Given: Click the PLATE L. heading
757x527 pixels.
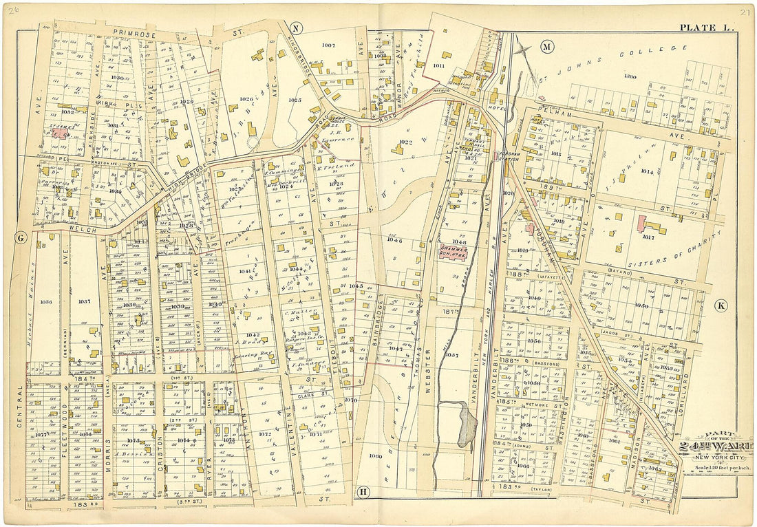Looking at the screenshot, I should pos(707,28).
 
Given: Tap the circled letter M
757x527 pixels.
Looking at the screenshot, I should pos(547,47).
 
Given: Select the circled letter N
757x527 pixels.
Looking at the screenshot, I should pos(296,28).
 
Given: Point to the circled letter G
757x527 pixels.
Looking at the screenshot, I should pos(21,238).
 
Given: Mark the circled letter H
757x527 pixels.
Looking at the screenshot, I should pos(363,491).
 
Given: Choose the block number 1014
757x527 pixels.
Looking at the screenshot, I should pos(646,171).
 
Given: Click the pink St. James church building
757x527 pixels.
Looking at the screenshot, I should pos(58,135).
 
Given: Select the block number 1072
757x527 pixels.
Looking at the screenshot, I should pos(264,434).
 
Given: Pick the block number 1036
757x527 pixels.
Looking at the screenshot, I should pos(46,301).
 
